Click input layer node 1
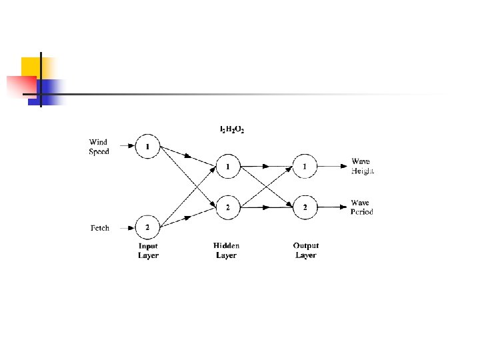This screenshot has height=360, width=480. (147, 146)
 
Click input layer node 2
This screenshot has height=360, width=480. (147, 228)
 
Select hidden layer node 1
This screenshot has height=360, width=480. (227, 166)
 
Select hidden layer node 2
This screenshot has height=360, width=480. (227, 207)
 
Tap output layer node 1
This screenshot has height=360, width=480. (305, 166)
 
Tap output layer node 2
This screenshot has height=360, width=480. (305, 207)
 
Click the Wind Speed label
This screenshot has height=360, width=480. (99, 147)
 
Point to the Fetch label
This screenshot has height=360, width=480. (100, 228)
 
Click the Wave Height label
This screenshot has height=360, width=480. (362, 166)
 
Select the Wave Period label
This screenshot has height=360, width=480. (362, 207)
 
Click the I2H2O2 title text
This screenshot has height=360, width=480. (232, 129)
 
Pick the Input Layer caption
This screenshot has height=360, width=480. (148, 251)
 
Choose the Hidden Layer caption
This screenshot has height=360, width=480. (226, 251)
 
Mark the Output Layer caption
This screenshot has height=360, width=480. (305, 251)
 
